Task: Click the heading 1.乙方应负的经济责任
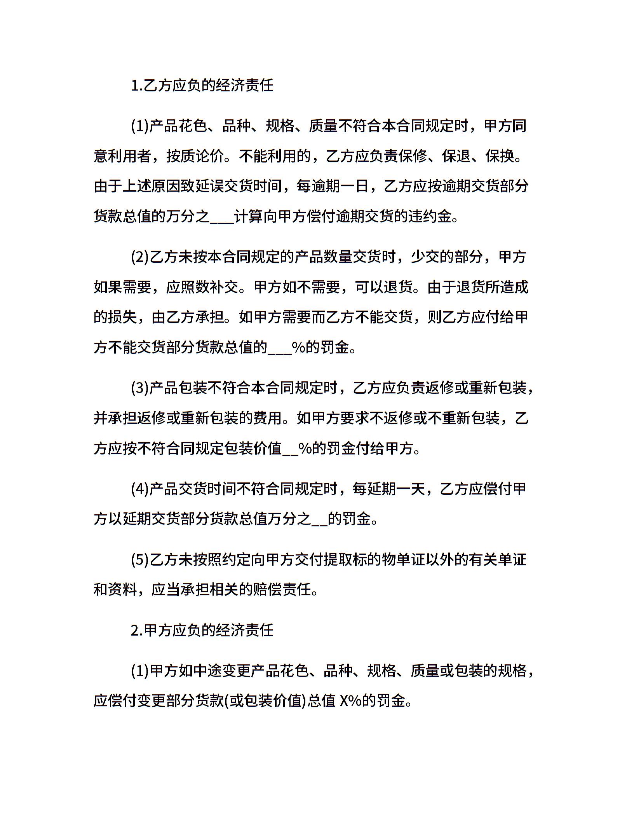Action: [202, 86]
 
